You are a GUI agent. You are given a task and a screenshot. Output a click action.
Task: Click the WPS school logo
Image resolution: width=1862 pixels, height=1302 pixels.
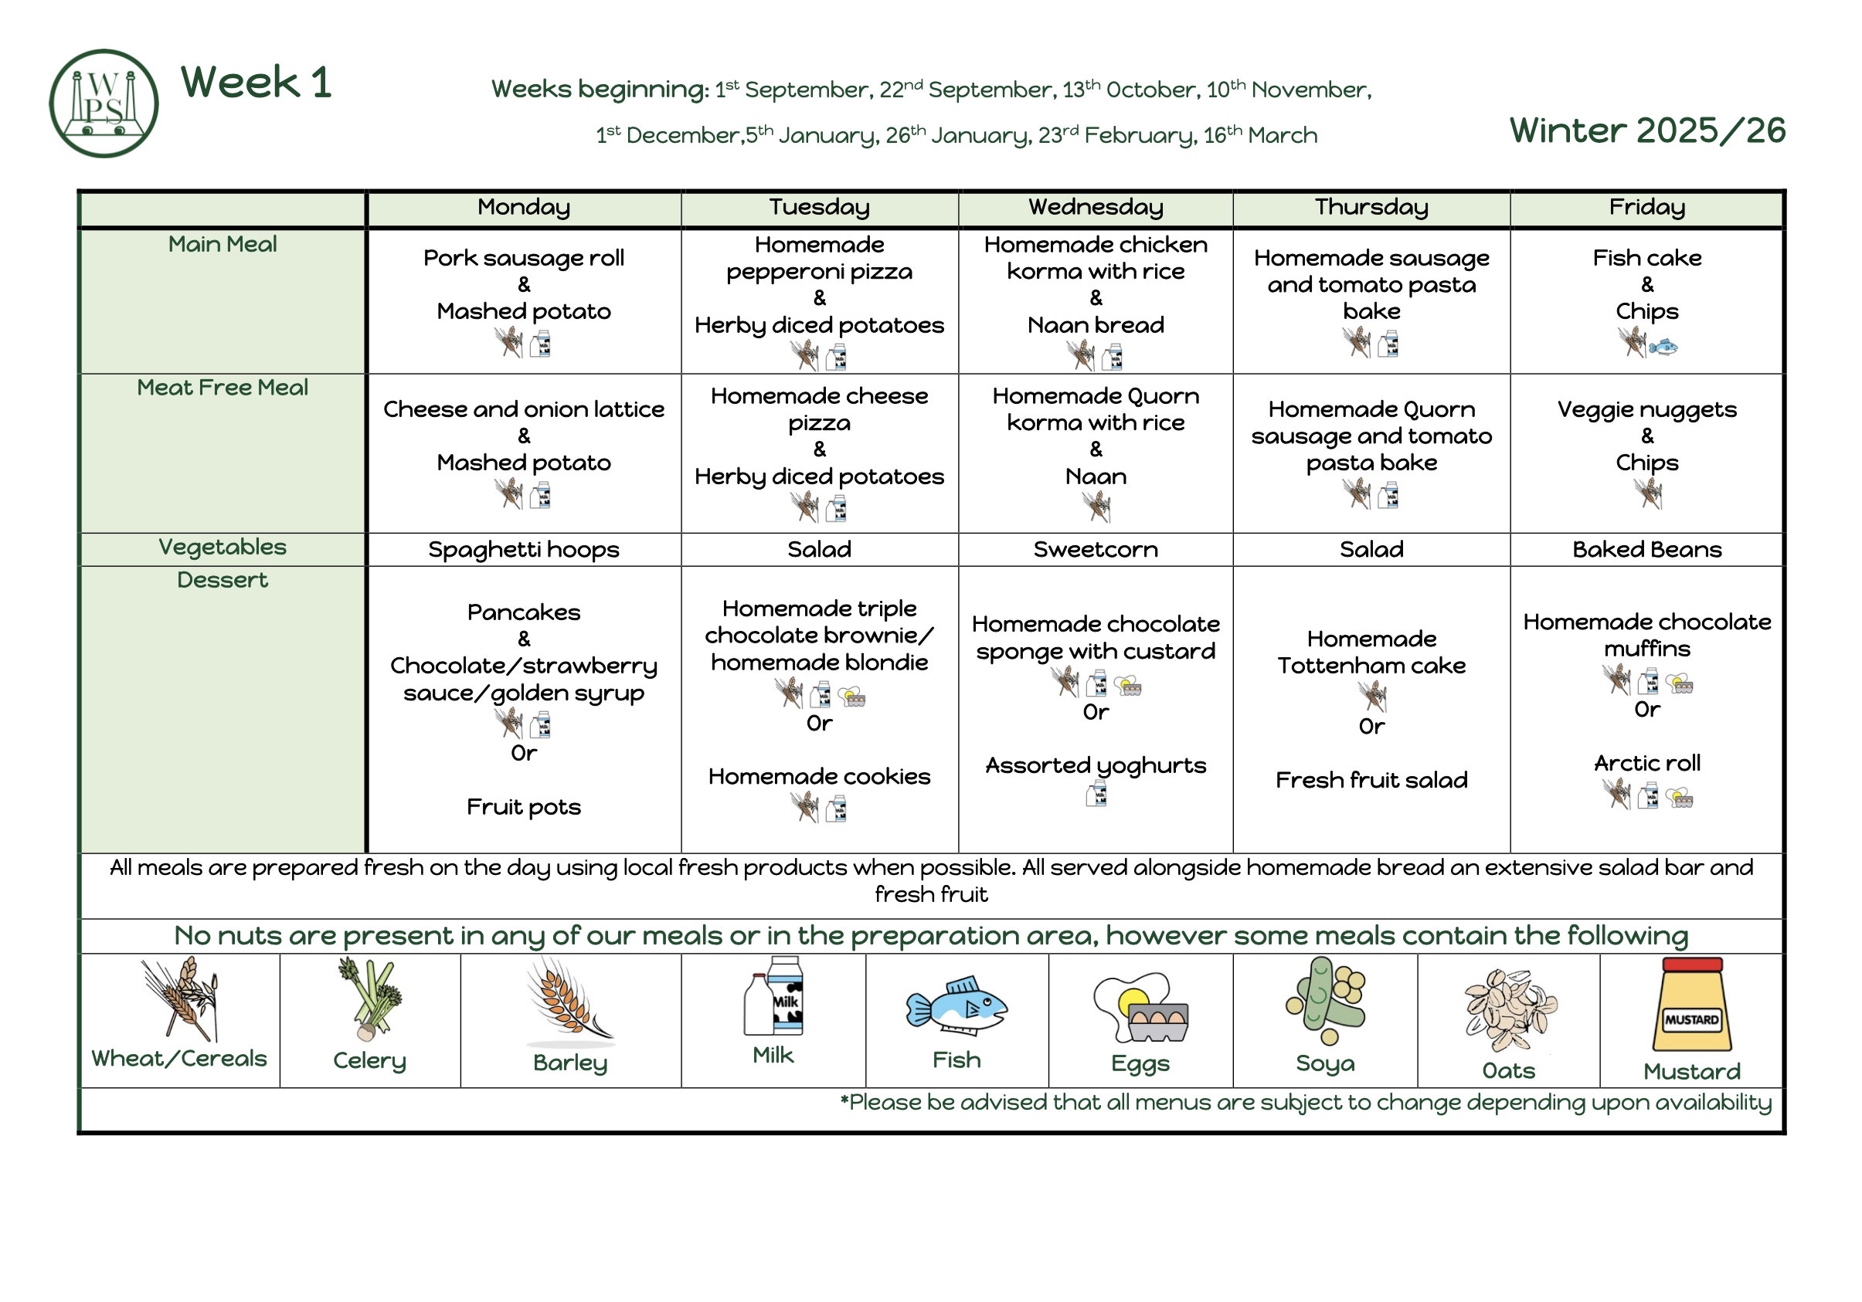click(x=104, y=103)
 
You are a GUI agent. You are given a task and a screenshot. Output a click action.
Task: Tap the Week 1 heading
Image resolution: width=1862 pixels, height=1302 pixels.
click(x=257, y=82)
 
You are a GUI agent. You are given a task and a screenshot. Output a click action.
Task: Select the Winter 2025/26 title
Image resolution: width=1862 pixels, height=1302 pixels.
click(x=1647, y=130)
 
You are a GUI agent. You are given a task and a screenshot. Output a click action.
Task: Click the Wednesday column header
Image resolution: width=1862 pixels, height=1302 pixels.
click(x=1096, y=208)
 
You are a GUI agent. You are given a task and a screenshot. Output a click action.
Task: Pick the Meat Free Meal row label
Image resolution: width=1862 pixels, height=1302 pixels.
click(x=223, y=388)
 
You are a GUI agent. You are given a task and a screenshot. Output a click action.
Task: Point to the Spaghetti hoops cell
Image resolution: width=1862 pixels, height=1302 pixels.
click(x=524, y=551)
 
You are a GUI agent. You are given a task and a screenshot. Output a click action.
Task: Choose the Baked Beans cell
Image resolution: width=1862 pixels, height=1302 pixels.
click(x=1647, y=550)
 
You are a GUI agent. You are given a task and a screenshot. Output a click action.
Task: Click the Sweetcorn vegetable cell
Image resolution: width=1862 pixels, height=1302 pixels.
click(x=1096, y=550)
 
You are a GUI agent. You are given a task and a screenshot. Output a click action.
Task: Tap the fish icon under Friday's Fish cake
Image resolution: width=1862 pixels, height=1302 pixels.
click(x=1663, y=347)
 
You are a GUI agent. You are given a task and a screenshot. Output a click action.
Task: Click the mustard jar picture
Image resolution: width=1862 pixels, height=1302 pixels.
click(x=1692, y=1005)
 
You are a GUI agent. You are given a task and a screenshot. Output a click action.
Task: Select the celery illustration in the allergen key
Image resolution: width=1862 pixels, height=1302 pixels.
click(x=371, y=999)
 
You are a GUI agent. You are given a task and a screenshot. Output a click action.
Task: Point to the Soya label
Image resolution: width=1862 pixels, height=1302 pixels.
click(x=1325, y=1063)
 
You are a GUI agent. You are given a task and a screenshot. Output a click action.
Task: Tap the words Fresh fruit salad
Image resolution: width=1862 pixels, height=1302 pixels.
click(x=1371, y=780)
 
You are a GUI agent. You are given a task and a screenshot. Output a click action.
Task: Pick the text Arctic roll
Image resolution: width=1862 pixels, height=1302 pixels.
click(x=1647, y=763)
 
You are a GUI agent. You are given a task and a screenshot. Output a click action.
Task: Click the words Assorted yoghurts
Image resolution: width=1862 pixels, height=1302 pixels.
click(x=1096, y=766)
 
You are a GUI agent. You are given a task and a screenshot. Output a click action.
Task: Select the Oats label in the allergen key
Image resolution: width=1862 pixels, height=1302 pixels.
click(x=1508, y=1071)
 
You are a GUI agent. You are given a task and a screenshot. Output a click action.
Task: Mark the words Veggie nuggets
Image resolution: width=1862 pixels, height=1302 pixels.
click(x=1647, y=410)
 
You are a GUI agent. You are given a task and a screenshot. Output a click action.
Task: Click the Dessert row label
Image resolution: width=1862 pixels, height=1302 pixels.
click(x=223, y=581)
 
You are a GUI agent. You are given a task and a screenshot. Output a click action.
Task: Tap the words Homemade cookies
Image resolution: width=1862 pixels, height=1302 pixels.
click(x=819, y=777)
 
